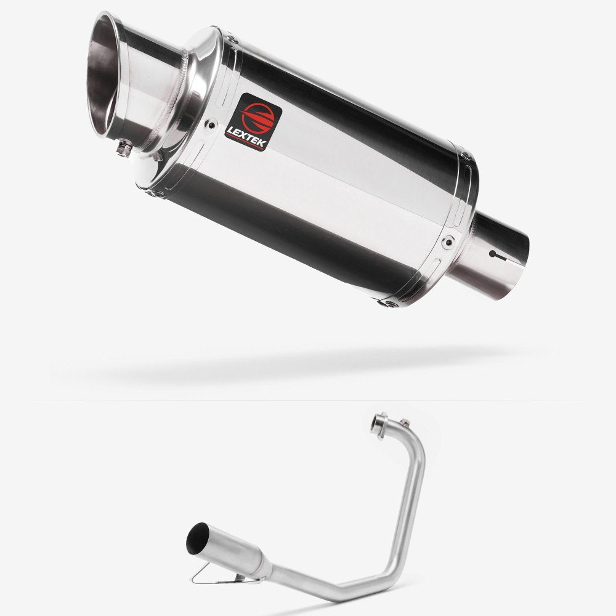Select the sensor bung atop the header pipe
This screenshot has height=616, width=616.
tap(404, 422)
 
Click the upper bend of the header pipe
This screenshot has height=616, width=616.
tap(416, 441)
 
